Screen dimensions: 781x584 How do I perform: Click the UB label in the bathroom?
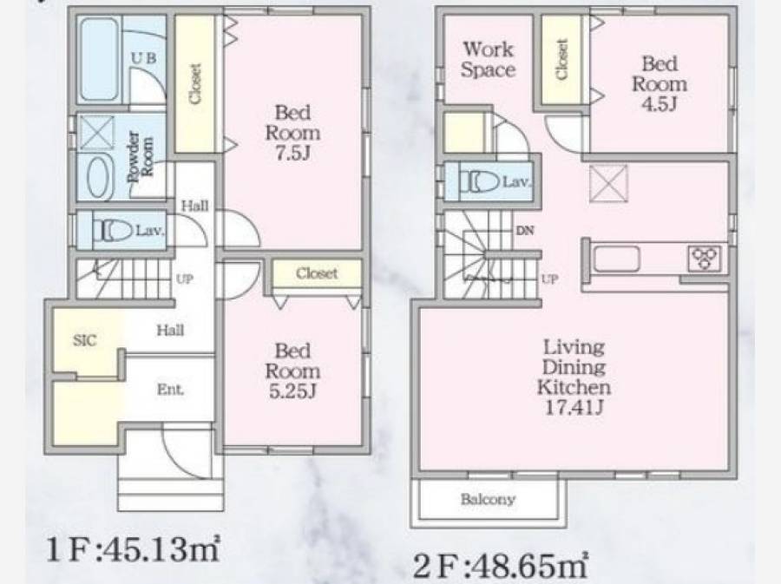143,58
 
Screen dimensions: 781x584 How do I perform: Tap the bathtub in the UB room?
100,59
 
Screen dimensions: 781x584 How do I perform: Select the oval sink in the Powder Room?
102,178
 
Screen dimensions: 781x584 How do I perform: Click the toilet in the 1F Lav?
113,231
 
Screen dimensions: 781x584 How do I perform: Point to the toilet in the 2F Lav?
479,181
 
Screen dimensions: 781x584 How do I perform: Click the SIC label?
85,340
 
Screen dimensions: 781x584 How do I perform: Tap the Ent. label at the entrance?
170,390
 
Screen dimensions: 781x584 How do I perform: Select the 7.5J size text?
293,154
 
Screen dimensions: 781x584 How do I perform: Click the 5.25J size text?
293,392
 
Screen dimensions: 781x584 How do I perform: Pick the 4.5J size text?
660,104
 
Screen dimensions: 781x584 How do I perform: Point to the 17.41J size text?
574,408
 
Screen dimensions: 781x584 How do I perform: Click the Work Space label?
488,59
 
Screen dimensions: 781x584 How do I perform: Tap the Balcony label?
488,499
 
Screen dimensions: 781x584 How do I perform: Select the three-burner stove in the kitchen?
705,259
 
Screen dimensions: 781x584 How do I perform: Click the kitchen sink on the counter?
617,259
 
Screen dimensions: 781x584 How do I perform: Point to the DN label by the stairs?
525,231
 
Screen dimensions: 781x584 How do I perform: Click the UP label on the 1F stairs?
184,279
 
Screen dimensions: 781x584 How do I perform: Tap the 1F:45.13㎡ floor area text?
133,549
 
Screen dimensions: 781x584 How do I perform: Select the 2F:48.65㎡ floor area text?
501,566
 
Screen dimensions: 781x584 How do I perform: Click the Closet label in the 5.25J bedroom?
317,273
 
